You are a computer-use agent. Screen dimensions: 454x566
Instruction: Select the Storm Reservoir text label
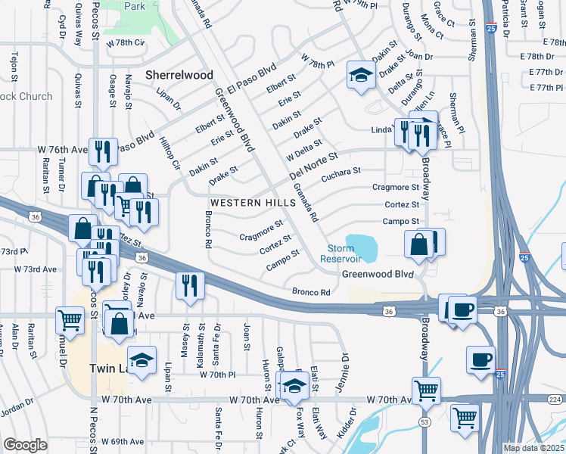pos(346,253)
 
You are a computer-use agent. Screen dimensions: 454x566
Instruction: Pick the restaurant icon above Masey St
pos(188,285)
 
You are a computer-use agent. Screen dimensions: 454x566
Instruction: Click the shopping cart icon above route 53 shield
pos(426,390)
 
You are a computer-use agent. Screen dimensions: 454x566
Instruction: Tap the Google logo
pos(25,445)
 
